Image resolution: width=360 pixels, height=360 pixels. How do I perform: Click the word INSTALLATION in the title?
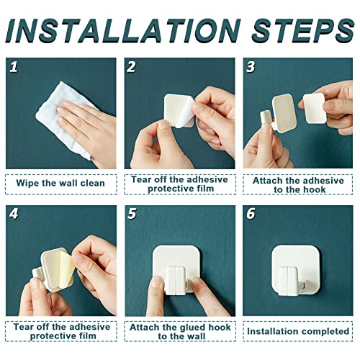(124, 31)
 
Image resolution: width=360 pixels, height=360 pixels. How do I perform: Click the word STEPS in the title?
(303, 31)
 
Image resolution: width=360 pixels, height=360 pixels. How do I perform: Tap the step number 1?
(14, 67)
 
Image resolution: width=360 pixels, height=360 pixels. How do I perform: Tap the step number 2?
(132, 67)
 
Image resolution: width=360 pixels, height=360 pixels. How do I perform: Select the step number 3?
(251, 67)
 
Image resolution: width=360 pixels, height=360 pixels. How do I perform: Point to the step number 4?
(14, 213)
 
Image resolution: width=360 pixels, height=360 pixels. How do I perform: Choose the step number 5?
(132, 213)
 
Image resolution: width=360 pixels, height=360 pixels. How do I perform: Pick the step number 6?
(251, 213)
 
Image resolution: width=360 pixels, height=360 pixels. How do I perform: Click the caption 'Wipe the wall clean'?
(60, 184)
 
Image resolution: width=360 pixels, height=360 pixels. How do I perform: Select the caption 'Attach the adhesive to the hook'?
(298, 185)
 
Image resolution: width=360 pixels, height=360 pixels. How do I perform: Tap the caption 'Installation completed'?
(298, 331)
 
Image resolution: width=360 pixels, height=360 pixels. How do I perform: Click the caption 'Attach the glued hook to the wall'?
(180, 332)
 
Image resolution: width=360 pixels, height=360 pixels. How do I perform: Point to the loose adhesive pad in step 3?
(315, 108)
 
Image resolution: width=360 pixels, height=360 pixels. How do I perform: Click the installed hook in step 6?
(297, 271)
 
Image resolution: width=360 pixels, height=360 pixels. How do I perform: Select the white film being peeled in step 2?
(185, 113)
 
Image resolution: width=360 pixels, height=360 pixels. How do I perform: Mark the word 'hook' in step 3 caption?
(315, 189)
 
